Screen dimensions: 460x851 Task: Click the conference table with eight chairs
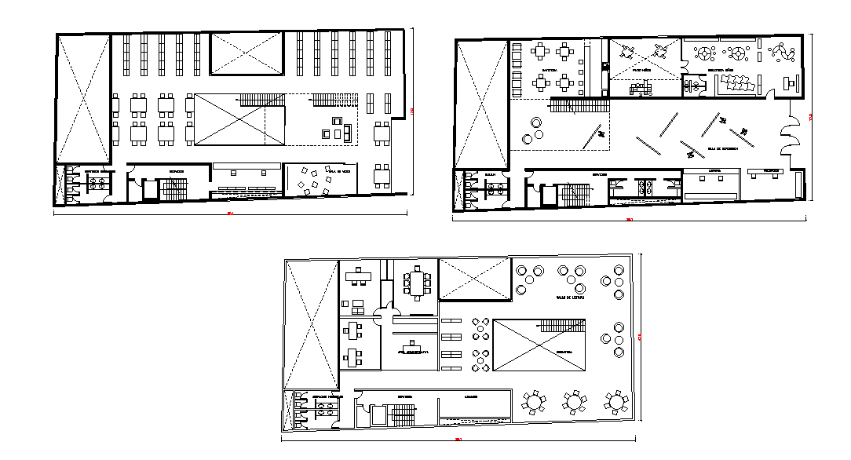[x=416, y=283]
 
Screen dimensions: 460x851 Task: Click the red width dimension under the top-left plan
[x=230, y=213]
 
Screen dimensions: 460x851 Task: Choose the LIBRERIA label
[x=714, y=170]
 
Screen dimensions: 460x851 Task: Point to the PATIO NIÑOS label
[x=642, y=70]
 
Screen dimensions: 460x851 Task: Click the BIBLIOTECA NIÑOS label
[x=720, y=70]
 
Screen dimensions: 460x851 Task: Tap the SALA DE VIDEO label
[x=339, y=170]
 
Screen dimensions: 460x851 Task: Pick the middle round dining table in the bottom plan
[x=575, y=402]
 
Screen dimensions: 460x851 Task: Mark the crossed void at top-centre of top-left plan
[x=246, y=54]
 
